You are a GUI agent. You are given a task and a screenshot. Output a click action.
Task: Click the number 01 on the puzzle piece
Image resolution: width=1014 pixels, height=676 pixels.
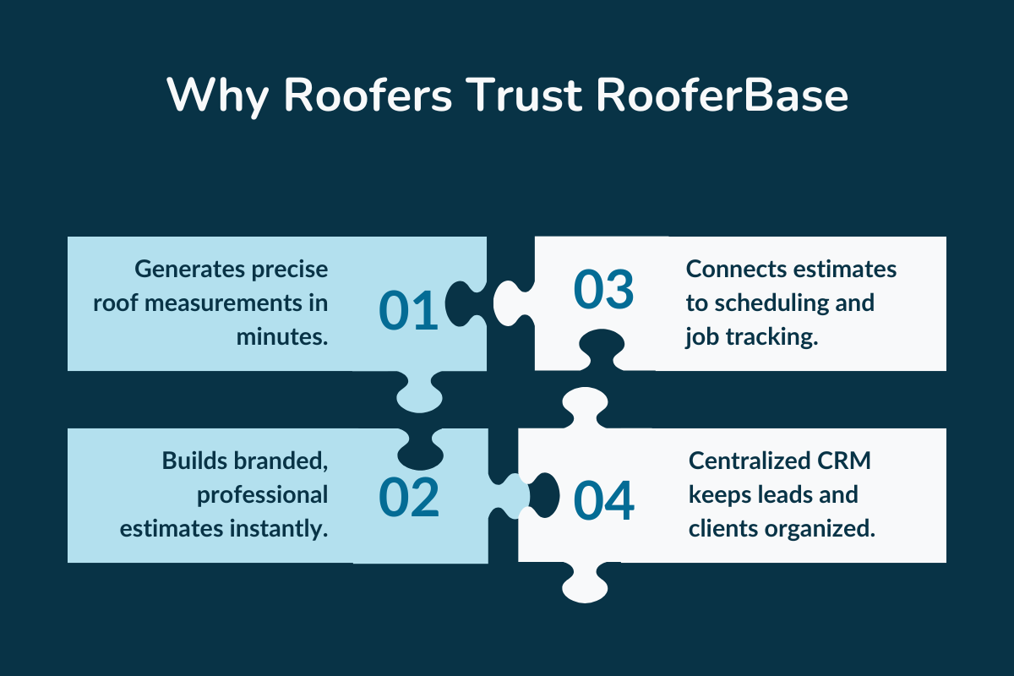tap(408, 309)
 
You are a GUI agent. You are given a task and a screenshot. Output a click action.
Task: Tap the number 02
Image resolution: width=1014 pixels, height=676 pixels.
tap(409, 498)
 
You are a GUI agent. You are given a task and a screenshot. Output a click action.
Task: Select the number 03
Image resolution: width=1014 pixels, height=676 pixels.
tap(603, 290)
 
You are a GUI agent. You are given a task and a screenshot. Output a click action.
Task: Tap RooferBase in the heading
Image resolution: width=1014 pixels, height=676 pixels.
tap(722, 95)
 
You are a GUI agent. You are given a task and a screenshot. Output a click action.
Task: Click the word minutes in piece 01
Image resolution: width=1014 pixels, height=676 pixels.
tap(282, 336)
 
